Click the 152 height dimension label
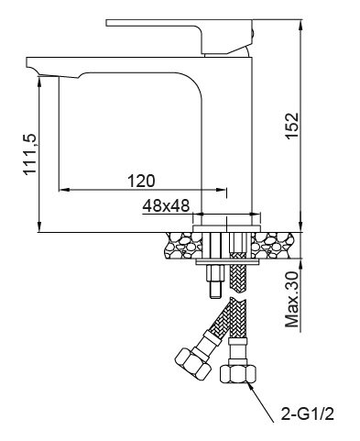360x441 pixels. [x=292, y=126]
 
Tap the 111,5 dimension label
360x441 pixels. [x=30, y=154]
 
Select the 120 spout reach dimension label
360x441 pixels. [x=141, y=181]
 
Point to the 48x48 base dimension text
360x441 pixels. [x=166, y=206]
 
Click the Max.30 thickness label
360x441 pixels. [x=292, y=300]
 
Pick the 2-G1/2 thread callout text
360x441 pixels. [x=308, y=414]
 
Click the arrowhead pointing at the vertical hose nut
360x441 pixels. [x=252, y=386]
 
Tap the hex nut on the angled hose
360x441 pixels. [x=193, y=363]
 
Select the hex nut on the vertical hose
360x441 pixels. [x=238, y=373]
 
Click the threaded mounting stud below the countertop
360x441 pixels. [x=215, y=281]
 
